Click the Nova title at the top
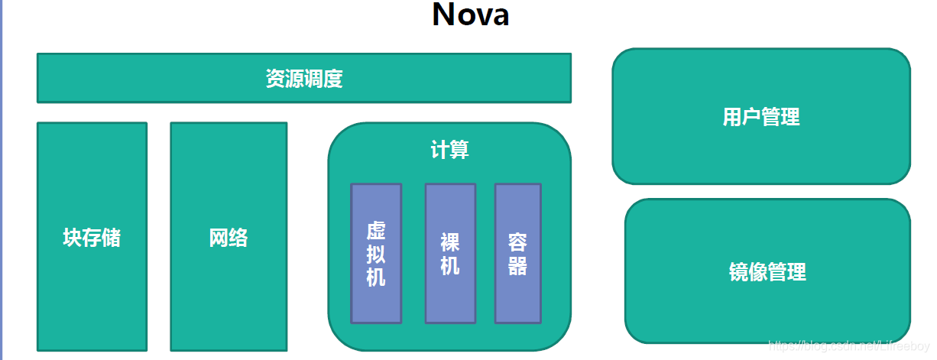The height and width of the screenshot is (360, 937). (x=470, y=15)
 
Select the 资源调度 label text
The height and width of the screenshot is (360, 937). (x=303, y=79)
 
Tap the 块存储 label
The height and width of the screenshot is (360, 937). (x=92, y=238)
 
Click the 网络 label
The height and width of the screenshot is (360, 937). (x=229, y=238)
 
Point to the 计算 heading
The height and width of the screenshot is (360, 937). (x=449, y=149)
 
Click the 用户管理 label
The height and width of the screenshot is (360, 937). (x=760, y=117)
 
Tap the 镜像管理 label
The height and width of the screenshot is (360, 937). (x=767, y=271)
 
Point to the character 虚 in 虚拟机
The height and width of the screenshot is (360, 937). (x=376, y=231)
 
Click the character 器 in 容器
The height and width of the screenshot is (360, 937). (x=517, y=266)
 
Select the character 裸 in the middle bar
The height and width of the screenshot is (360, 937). (x=450, y=242)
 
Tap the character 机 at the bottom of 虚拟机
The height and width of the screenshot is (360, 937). (x=376, y=277)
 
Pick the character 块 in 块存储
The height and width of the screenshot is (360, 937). (x=73, y=238)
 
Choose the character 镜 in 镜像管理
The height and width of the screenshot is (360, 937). (x=739, y=271)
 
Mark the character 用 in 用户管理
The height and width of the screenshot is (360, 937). (x=732, y=117)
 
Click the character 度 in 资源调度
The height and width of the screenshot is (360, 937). (x=333, y=79)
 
